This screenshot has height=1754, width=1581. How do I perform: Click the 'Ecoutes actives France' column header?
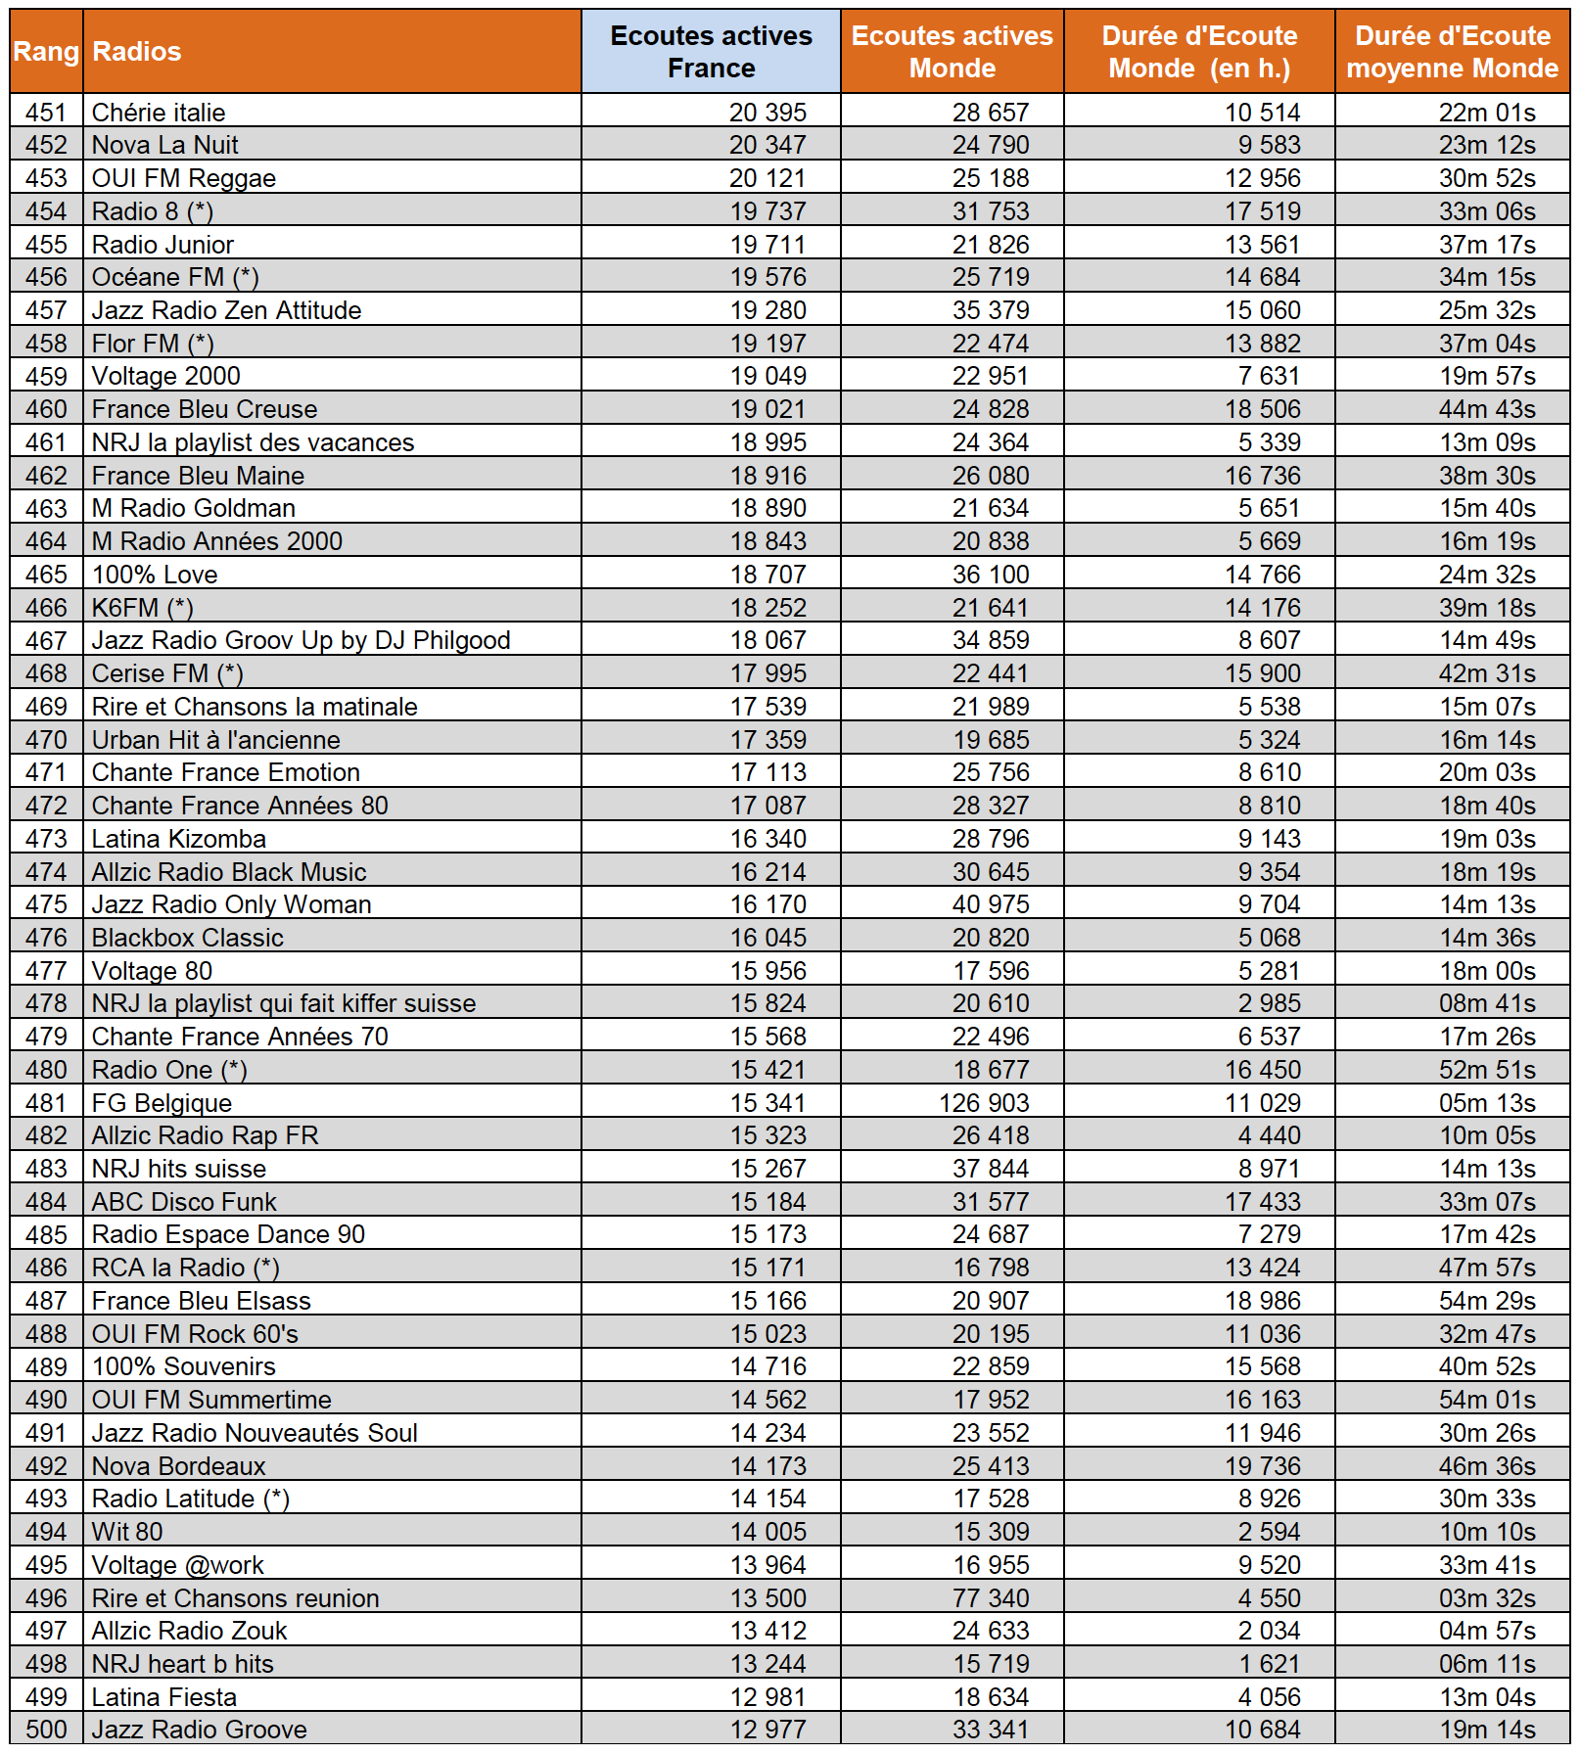[711, 52]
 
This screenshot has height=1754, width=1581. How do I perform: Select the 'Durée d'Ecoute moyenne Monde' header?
[1452, 52]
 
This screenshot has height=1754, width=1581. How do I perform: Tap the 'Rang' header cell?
[46, 52]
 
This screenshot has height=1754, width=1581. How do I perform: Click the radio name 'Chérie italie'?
[159, 113]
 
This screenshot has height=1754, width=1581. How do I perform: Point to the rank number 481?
[46, 1103]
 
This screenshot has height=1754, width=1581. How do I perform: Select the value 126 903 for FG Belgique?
[984, 1103]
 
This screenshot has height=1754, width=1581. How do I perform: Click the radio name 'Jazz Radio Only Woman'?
[232, 904]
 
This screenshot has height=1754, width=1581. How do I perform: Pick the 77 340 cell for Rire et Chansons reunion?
[991, 1598]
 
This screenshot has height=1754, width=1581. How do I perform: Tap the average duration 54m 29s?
[1487, 1301]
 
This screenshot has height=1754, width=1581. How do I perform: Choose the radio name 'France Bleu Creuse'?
[205, 409]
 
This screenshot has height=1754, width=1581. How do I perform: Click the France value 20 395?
[767, 113]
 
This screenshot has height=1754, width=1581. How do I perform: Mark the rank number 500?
[46, 1730]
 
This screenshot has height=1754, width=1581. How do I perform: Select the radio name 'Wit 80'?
[127, 1532]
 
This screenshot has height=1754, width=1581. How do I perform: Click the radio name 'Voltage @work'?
[178, 1565]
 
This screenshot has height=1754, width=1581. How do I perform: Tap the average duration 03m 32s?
[1487, 1598]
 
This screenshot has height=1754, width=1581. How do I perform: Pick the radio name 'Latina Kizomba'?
[179, 839]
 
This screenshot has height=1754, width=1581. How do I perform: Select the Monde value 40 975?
[991, 904]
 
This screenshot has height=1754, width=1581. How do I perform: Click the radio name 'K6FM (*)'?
[143, 608]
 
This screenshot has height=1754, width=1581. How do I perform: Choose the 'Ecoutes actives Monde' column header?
[952, 52]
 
